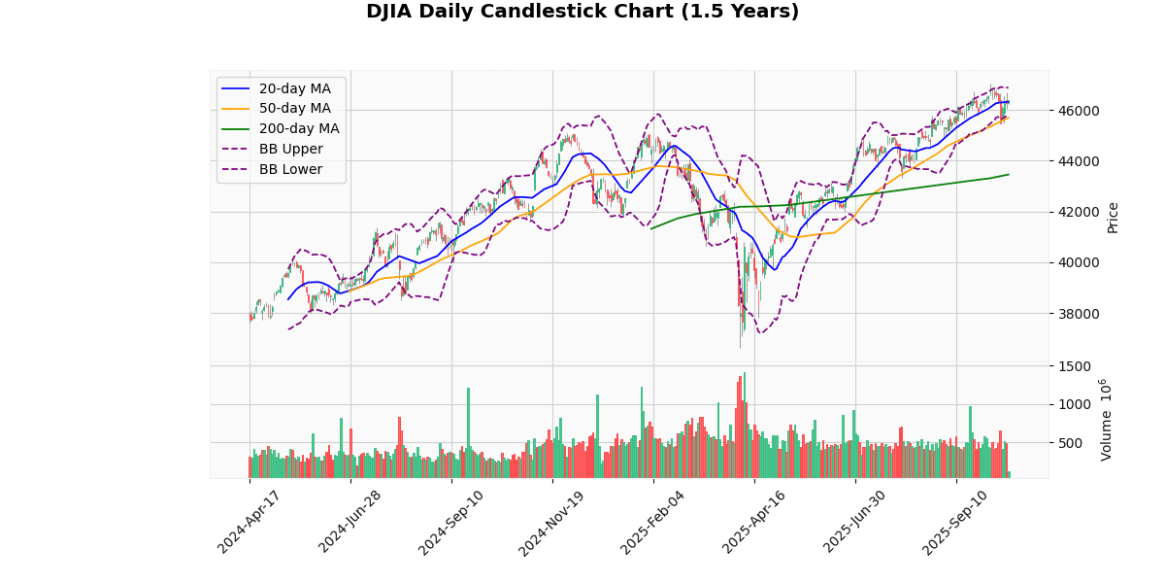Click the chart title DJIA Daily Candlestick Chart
pos(582,12)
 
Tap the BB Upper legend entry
pos(290,150)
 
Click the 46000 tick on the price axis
pos(1075,111)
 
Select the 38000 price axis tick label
pos(1075,314)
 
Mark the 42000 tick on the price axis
pos(1075,212)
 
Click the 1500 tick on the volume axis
pos(1071,366)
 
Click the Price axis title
pos(1113,217)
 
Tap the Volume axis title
pos(1106,421)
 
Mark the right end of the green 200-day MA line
pos(1009,175)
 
